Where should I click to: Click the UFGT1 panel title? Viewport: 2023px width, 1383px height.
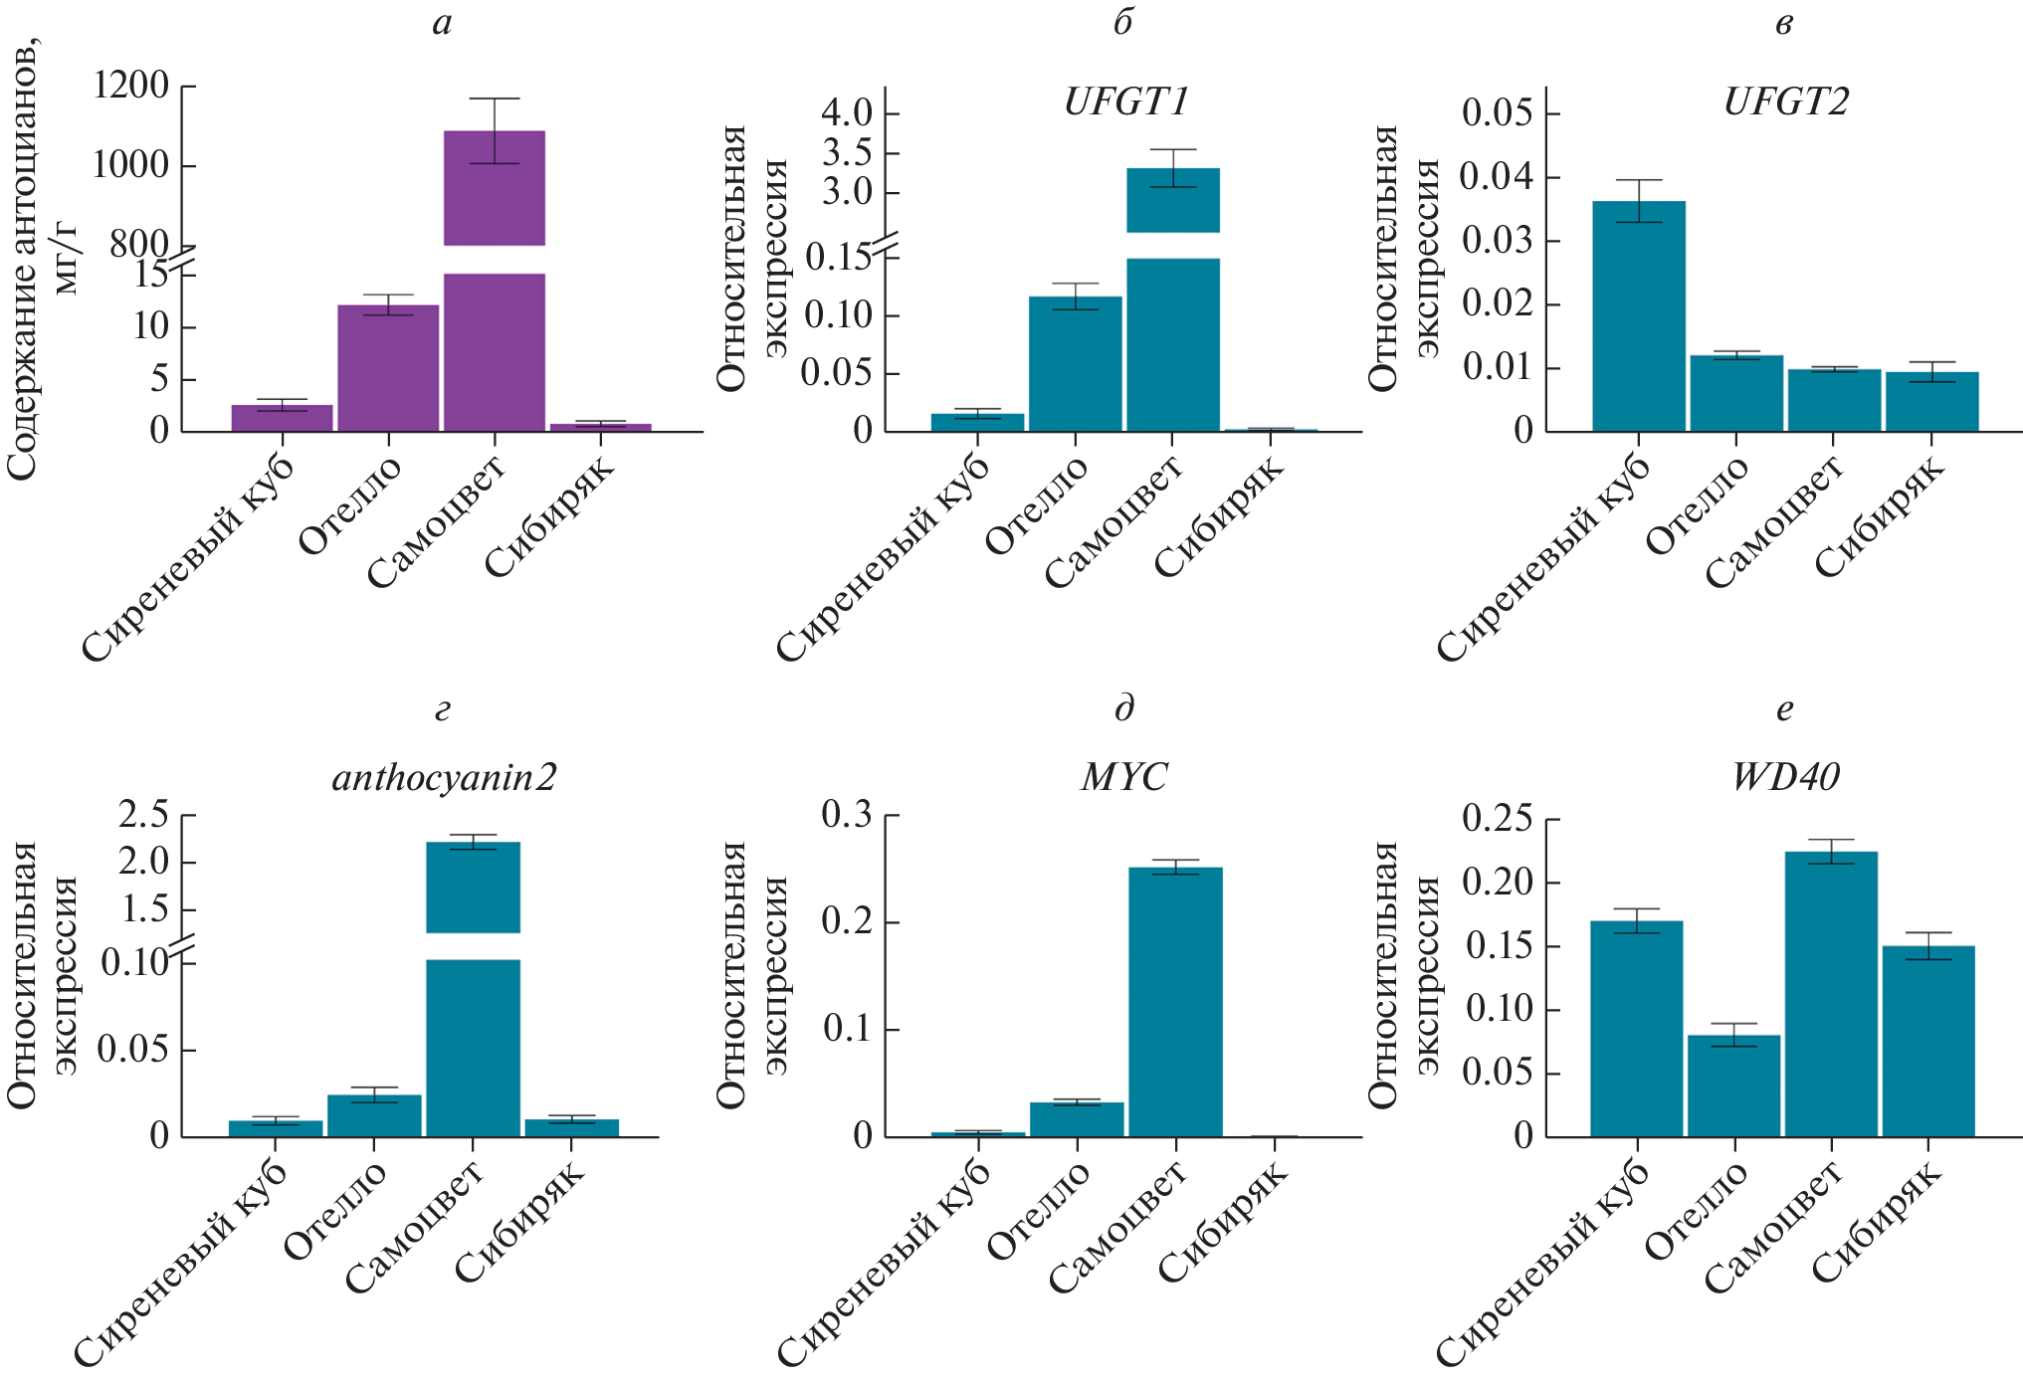click(1125, 102)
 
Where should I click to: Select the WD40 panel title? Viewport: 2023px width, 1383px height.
click(1785, 777)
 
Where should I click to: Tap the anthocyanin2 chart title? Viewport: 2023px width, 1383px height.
click(444, 777)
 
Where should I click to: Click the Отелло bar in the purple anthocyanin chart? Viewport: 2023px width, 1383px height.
click(388, 368)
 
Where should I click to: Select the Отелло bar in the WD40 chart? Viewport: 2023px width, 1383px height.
click(1734, 1086)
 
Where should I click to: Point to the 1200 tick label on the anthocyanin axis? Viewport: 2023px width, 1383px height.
click(130, 86)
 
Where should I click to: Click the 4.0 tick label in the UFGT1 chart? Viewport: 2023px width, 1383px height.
click(847, 112)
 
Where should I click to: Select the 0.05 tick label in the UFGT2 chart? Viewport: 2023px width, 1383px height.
click(1497, 112)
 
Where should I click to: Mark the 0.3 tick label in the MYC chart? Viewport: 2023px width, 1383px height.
click(847, 815)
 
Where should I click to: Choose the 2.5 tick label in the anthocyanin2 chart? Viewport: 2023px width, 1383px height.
click(143, 815)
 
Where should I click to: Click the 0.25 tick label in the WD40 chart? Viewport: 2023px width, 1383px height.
click(1497, 819)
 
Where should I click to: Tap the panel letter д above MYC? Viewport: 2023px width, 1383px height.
click(1124, 708)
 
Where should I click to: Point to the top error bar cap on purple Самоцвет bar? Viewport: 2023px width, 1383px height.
click(495, 99)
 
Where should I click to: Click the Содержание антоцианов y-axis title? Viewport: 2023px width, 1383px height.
click(22, 259)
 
